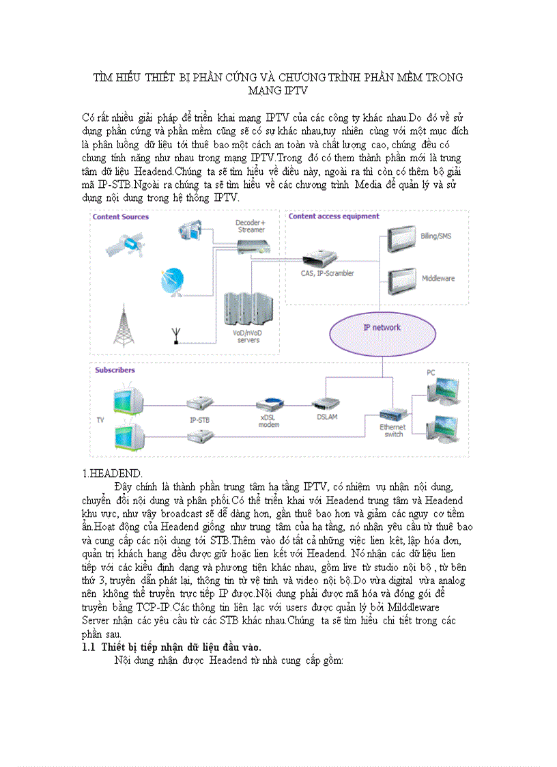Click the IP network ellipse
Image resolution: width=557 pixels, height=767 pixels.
(x=383, y=328)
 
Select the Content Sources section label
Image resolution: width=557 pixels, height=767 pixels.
(x=121, y=217)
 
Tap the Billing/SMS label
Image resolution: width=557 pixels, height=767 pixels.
(x=436, y=236)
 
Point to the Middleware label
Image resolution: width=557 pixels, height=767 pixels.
(x=438, y=279)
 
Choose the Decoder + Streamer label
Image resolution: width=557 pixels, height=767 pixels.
(x=251, y=226)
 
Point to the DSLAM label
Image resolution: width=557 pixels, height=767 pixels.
(x=326, y=417)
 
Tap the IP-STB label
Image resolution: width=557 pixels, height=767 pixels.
(x=199, y=420)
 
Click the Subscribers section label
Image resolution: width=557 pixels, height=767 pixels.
(x=115, y=370)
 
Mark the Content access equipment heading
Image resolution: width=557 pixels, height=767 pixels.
(x=334, y=217)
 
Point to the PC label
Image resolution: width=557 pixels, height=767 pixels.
(x=431, y=373)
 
